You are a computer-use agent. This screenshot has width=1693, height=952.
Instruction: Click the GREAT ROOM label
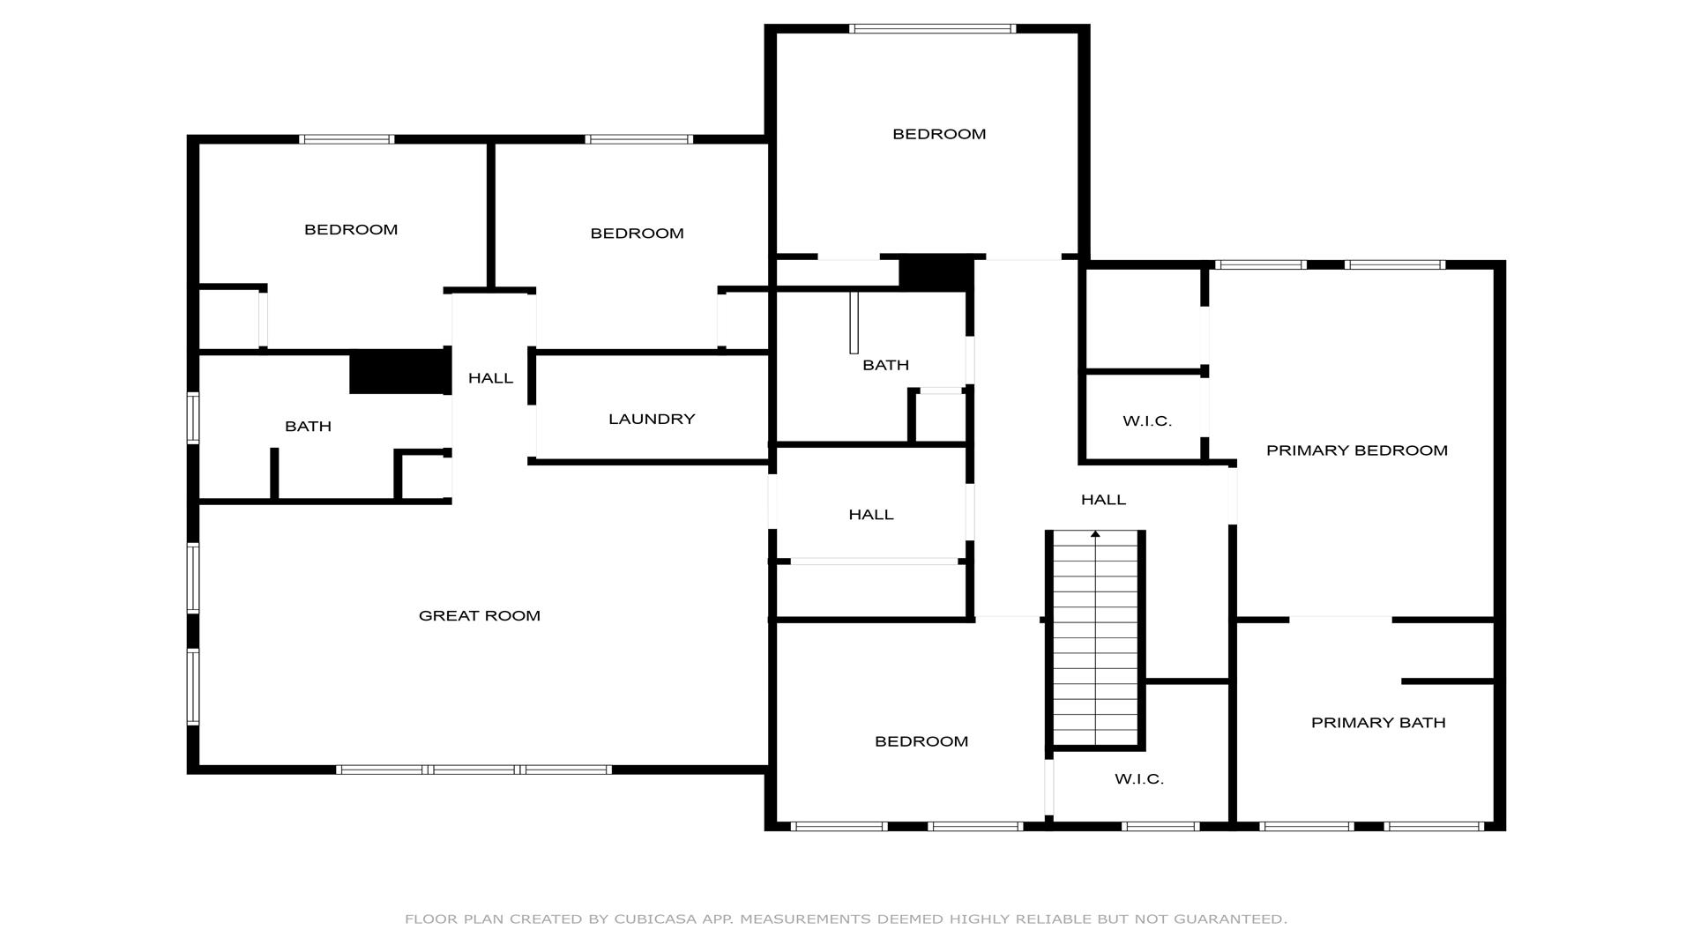pyautogui.click(x=479, y=615)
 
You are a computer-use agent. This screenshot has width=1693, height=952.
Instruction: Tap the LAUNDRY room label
pyautogui.click(x=652, y=419)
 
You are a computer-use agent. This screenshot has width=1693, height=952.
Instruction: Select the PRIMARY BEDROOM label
pyautogui.click(x=1356, y=450)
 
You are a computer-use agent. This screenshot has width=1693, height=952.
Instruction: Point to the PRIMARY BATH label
pyautogui.click(x=1378, y=723)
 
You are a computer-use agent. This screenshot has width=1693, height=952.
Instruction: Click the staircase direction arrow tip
pyautogui.click(x=1095, y=532)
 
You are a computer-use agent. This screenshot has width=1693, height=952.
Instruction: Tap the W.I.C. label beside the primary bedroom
pyautogui.click(x=1147, y=421)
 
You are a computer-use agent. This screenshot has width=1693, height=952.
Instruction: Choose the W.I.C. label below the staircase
pyautogui.click(x=1139, y=779)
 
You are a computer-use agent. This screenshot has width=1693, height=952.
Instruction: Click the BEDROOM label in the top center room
pyautogui.click(x=939, y=134)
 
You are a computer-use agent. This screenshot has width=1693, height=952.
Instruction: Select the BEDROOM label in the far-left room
pyautogui.click(x=351, y=229)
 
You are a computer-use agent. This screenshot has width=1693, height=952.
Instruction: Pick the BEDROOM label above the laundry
pyautogui.click(x=637, y=234)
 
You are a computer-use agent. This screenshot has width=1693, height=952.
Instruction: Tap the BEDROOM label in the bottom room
pyautogui.click(x=921, y=741)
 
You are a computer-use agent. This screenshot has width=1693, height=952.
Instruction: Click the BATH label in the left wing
pyautogui.click(x=308, y=427)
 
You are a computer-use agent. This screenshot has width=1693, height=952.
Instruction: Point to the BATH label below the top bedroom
pyautogui.click(x=885, y=365)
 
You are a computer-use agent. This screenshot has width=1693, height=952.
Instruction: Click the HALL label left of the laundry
pyautogui.click(x=490, y=378)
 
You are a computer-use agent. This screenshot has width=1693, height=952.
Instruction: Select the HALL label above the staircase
pyautogui.click(x=1103, y=500)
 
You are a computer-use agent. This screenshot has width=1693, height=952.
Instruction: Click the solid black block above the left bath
pyautogui.click(x=400, y=372)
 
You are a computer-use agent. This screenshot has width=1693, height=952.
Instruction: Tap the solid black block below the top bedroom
pyautogui.click(x=936, y=273)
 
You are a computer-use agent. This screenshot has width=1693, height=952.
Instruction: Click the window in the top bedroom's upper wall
pyautogui.click(x=932, y=29)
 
